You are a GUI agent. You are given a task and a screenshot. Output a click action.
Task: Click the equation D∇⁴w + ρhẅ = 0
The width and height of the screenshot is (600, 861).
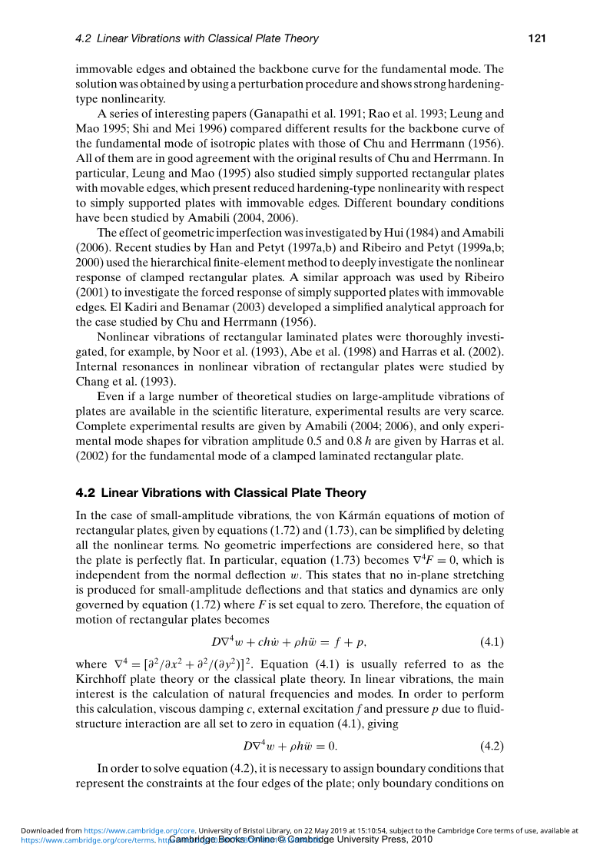pos(290,745)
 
